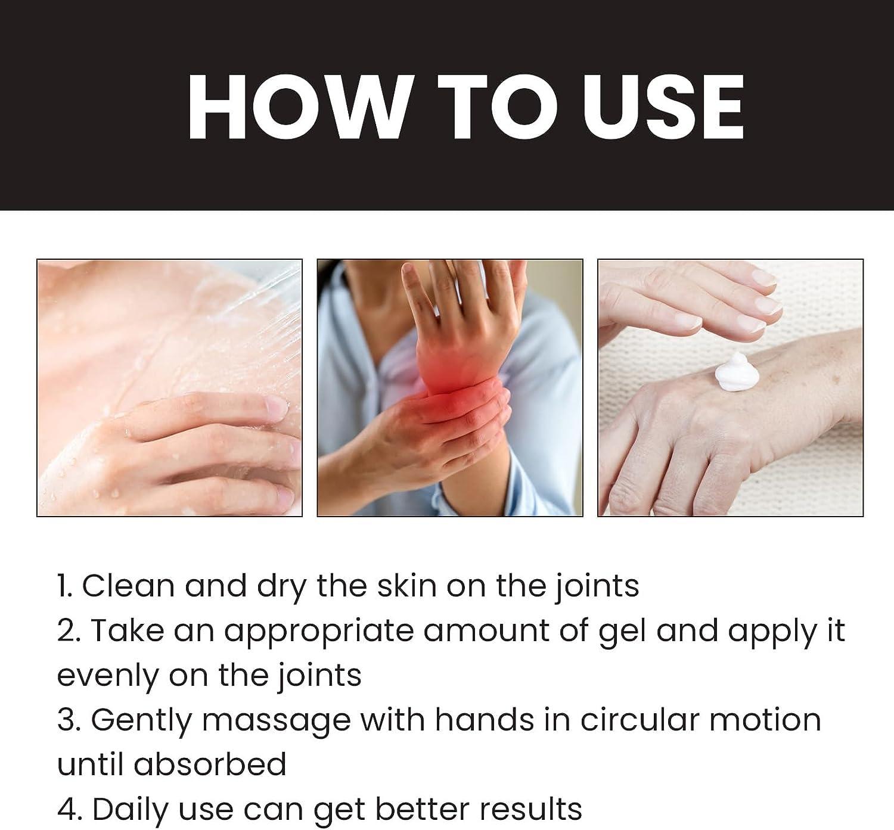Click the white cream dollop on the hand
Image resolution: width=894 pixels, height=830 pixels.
point(734,372)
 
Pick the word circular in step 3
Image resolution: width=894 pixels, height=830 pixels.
point(640,720)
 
